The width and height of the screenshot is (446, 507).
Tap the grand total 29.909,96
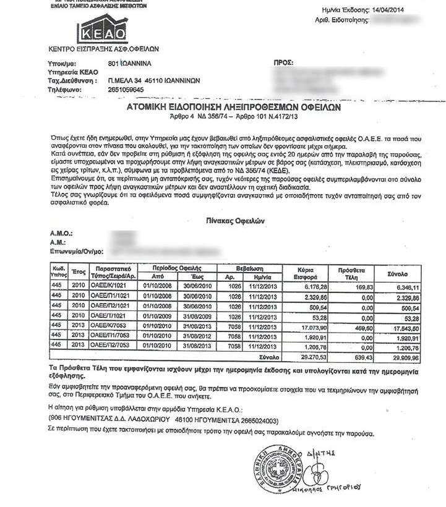(x=410, y=357)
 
